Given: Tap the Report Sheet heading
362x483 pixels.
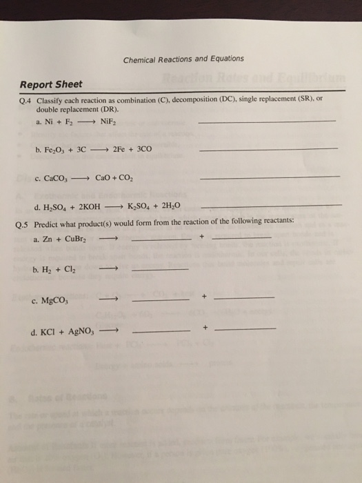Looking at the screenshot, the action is (x=50, y=85).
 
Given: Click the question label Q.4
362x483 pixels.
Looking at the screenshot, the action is (x=26, y=100).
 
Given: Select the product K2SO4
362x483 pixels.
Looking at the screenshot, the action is (x=138, y=207).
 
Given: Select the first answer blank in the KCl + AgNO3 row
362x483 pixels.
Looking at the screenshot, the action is (x=159, y=331).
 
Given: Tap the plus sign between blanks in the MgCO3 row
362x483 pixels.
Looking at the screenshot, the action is (x=204, y=297).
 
